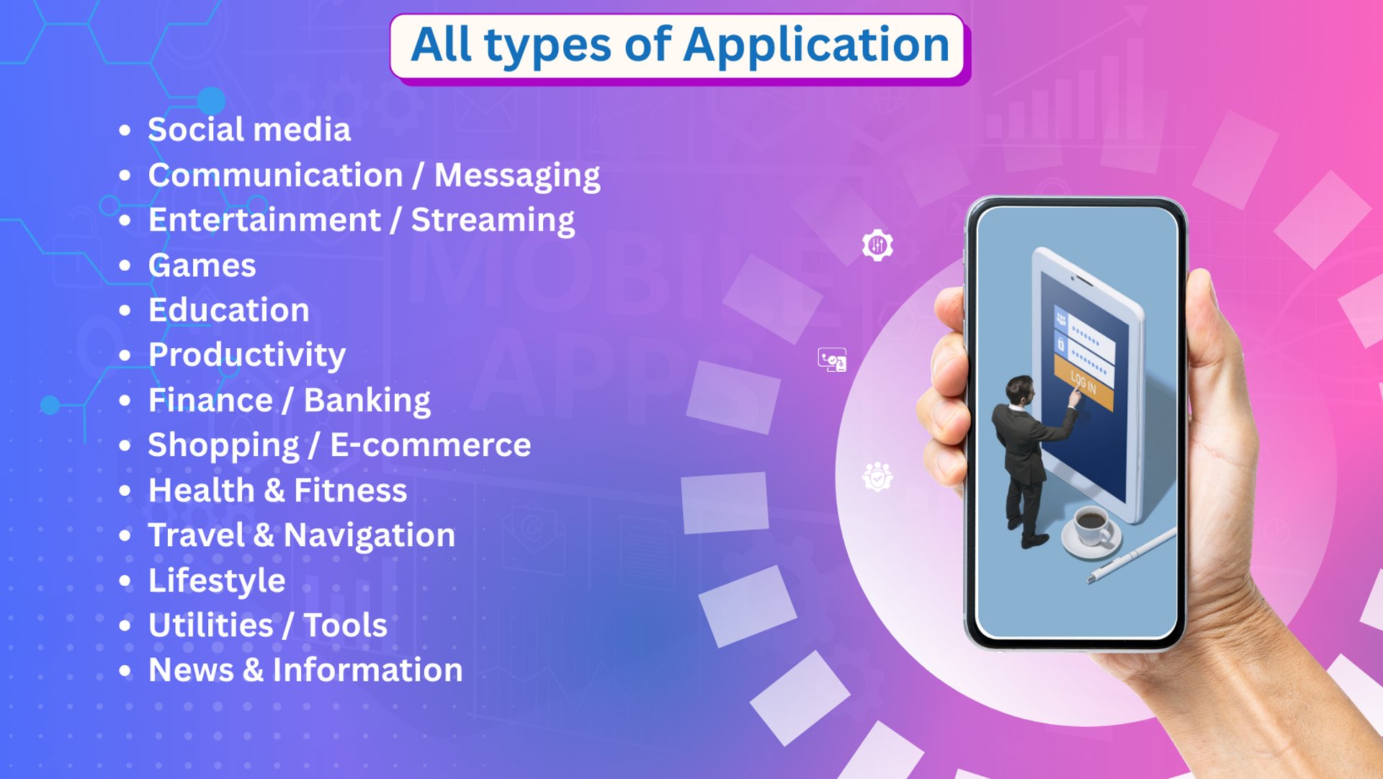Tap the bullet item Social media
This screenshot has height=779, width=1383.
pos(249,130)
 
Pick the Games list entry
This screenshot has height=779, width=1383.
pos(202,265)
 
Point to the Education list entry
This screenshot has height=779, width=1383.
pos(229,310)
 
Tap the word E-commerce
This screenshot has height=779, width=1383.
pos(431,445)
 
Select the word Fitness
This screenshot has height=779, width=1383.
pos(350,491)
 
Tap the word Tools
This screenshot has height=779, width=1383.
pos(346,626)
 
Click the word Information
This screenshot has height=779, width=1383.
pos(367,670)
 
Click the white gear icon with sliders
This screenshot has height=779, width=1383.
pos(877,246)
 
